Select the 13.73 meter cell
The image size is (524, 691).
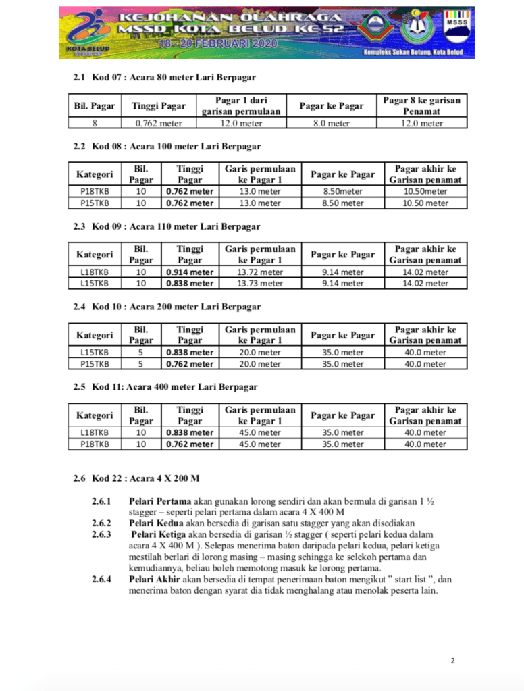pos(260,284)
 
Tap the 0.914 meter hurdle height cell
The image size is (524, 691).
pos(190,272)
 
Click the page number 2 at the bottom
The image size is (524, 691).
pos(452,660)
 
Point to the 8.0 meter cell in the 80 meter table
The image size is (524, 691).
pos(331,124)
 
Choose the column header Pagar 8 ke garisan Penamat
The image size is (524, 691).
pos(422,105)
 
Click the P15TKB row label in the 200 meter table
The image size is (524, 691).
pos(95,364)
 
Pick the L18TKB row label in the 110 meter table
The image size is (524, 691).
pos(95,272)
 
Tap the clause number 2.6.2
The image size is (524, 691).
pos(101,523)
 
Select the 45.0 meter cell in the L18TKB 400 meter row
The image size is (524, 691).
pos(260,433)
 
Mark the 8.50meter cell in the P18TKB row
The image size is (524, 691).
pos(343,192)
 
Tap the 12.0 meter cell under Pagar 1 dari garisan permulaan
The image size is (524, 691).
pos(241,124)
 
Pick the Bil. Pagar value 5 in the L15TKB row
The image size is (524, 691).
pos(140,353)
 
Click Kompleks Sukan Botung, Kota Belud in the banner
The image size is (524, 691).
pos(413,53)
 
